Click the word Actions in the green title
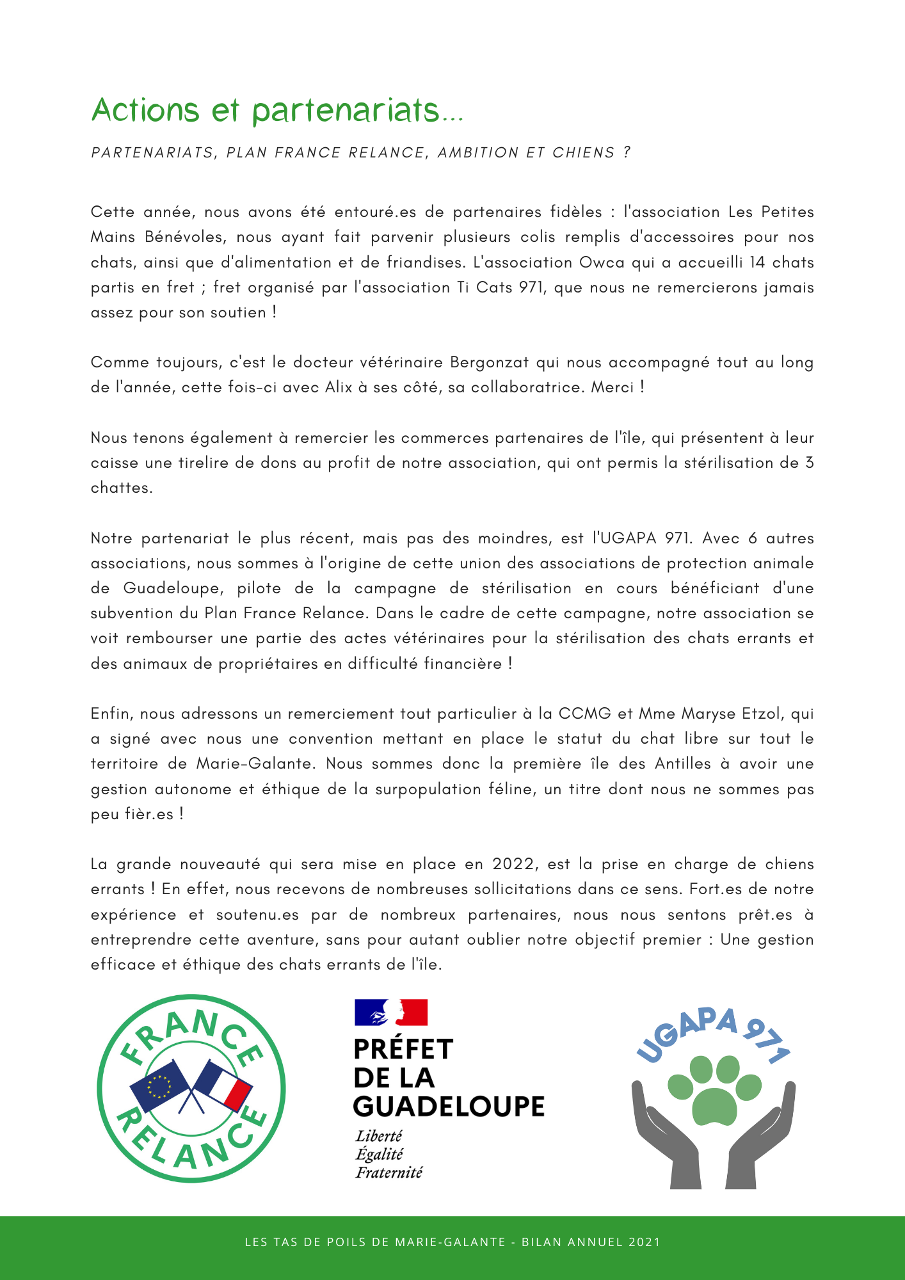145,110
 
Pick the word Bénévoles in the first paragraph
184,237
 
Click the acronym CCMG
584,714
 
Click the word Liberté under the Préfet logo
379,1136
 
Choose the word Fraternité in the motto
389,1172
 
